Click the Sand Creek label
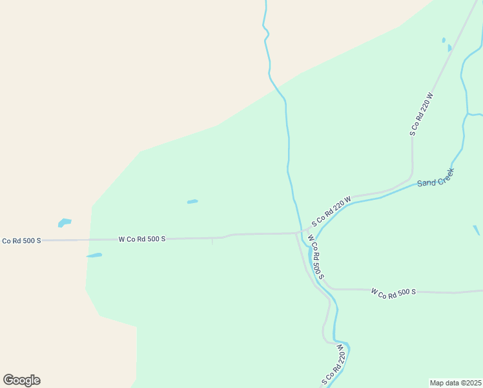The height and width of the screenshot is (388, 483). click(436, 178)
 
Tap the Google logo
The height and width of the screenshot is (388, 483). click(21, 380)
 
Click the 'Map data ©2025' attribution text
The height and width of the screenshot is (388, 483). click(456, 383)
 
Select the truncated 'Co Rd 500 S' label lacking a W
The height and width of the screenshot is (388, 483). click(21, 241)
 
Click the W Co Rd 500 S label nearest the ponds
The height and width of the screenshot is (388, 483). click(142, 239)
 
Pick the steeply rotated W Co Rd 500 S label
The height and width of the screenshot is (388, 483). click(315, 257)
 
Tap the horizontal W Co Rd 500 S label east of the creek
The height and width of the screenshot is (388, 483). click(393, 292)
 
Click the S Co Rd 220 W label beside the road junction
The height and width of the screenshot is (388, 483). click(331, 211)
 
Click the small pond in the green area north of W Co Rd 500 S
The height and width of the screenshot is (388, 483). click(192, 202)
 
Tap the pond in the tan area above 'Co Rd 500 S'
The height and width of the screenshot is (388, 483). click(64, 223)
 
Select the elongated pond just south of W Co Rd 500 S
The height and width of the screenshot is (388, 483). click(94, 255)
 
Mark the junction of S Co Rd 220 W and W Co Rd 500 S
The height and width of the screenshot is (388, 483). click(302, 232)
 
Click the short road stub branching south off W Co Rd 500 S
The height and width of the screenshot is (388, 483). click(212, 241)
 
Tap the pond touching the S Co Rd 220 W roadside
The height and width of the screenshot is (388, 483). click(449, 48)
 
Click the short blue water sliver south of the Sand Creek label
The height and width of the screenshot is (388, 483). click(477, 230)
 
